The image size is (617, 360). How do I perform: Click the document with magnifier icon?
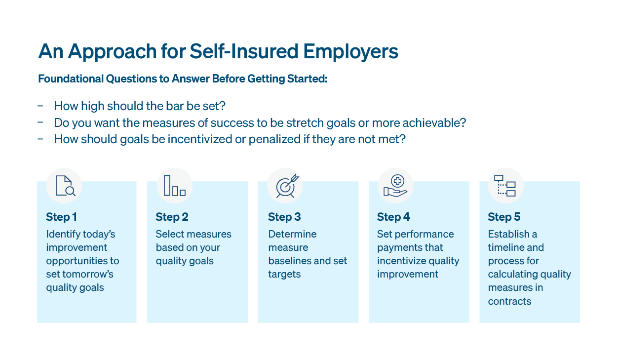(x=65, y=186)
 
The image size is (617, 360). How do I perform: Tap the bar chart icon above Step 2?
(x=175, y=186)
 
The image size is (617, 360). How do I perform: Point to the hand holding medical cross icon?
(x=395, y=186)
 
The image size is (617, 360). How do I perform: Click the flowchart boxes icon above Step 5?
(x=504, y=186)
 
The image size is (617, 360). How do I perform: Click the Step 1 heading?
(x=61, y=217)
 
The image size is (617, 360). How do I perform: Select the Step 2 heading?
(x=172, y=217)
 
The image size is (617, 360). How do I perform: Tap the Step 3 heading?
(x=284, y=217)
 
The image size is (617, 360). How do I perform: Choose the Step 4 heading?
(x=393, y=217)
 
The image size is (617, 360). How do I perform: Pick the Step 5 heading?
(x=504, y=217)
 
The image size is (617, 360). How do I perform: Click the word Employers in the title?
(x=350, y=52)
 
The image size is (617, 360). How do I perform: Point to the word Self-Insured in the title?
(x=244, y=51)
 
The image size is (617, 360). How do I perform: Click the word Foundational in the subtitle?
(x=71, y=79)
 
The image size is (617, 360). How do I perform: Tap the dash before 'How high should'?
(x=40, y=106)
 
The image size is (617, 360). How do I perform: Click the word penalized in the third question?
(x=274, y=139)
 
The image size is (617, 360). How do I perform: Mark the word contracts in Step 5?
(x=509, y=301)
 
